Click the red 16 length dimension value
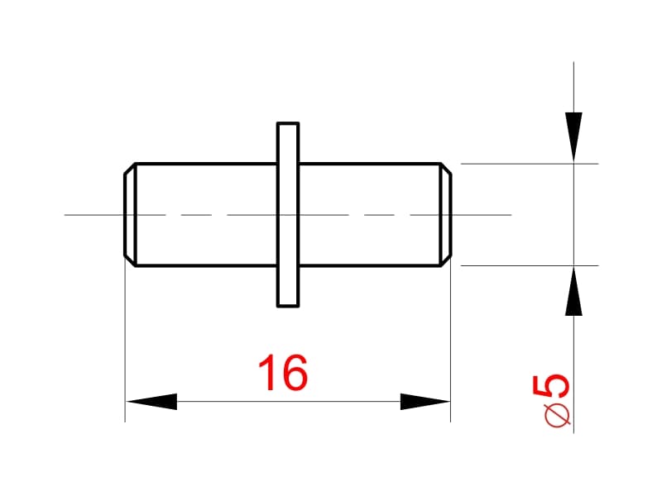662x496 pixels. [282, 373]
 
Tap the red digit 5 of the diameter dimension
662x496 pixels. [551, 386]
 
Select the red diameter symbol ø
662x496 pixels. [557, 415]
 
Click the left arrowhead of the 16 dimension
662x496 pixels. [151, 402]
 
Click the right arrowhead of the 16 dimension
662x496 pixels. [425, 402]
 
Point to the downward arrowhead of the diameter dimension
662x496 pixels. [573, 137]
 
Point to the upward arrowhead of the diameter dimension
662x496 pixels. [573, 291]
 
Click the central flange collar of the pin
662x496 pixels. [288, 215]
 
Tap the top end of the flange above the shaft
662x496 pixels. [288, 123]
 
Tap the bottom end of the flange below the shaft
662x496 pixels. [288, 306]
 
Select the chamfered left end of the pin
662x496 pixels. [130, 215]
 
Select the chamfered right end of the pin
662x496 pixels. [446, 215]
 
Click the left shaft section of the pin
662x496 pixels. [206, 215]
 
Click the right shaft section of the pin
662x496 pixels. [370, 215]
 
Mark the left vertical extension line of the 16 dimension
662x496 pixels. [125, 340]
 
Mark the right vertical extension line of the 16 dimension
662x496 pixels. [451, 340]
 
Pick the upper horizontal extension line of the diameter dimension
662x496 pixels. [530, 163]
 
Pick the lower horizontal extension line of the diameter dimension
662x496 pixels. [530, 265]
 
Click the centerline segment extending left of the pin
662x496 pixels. [94, 215]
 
